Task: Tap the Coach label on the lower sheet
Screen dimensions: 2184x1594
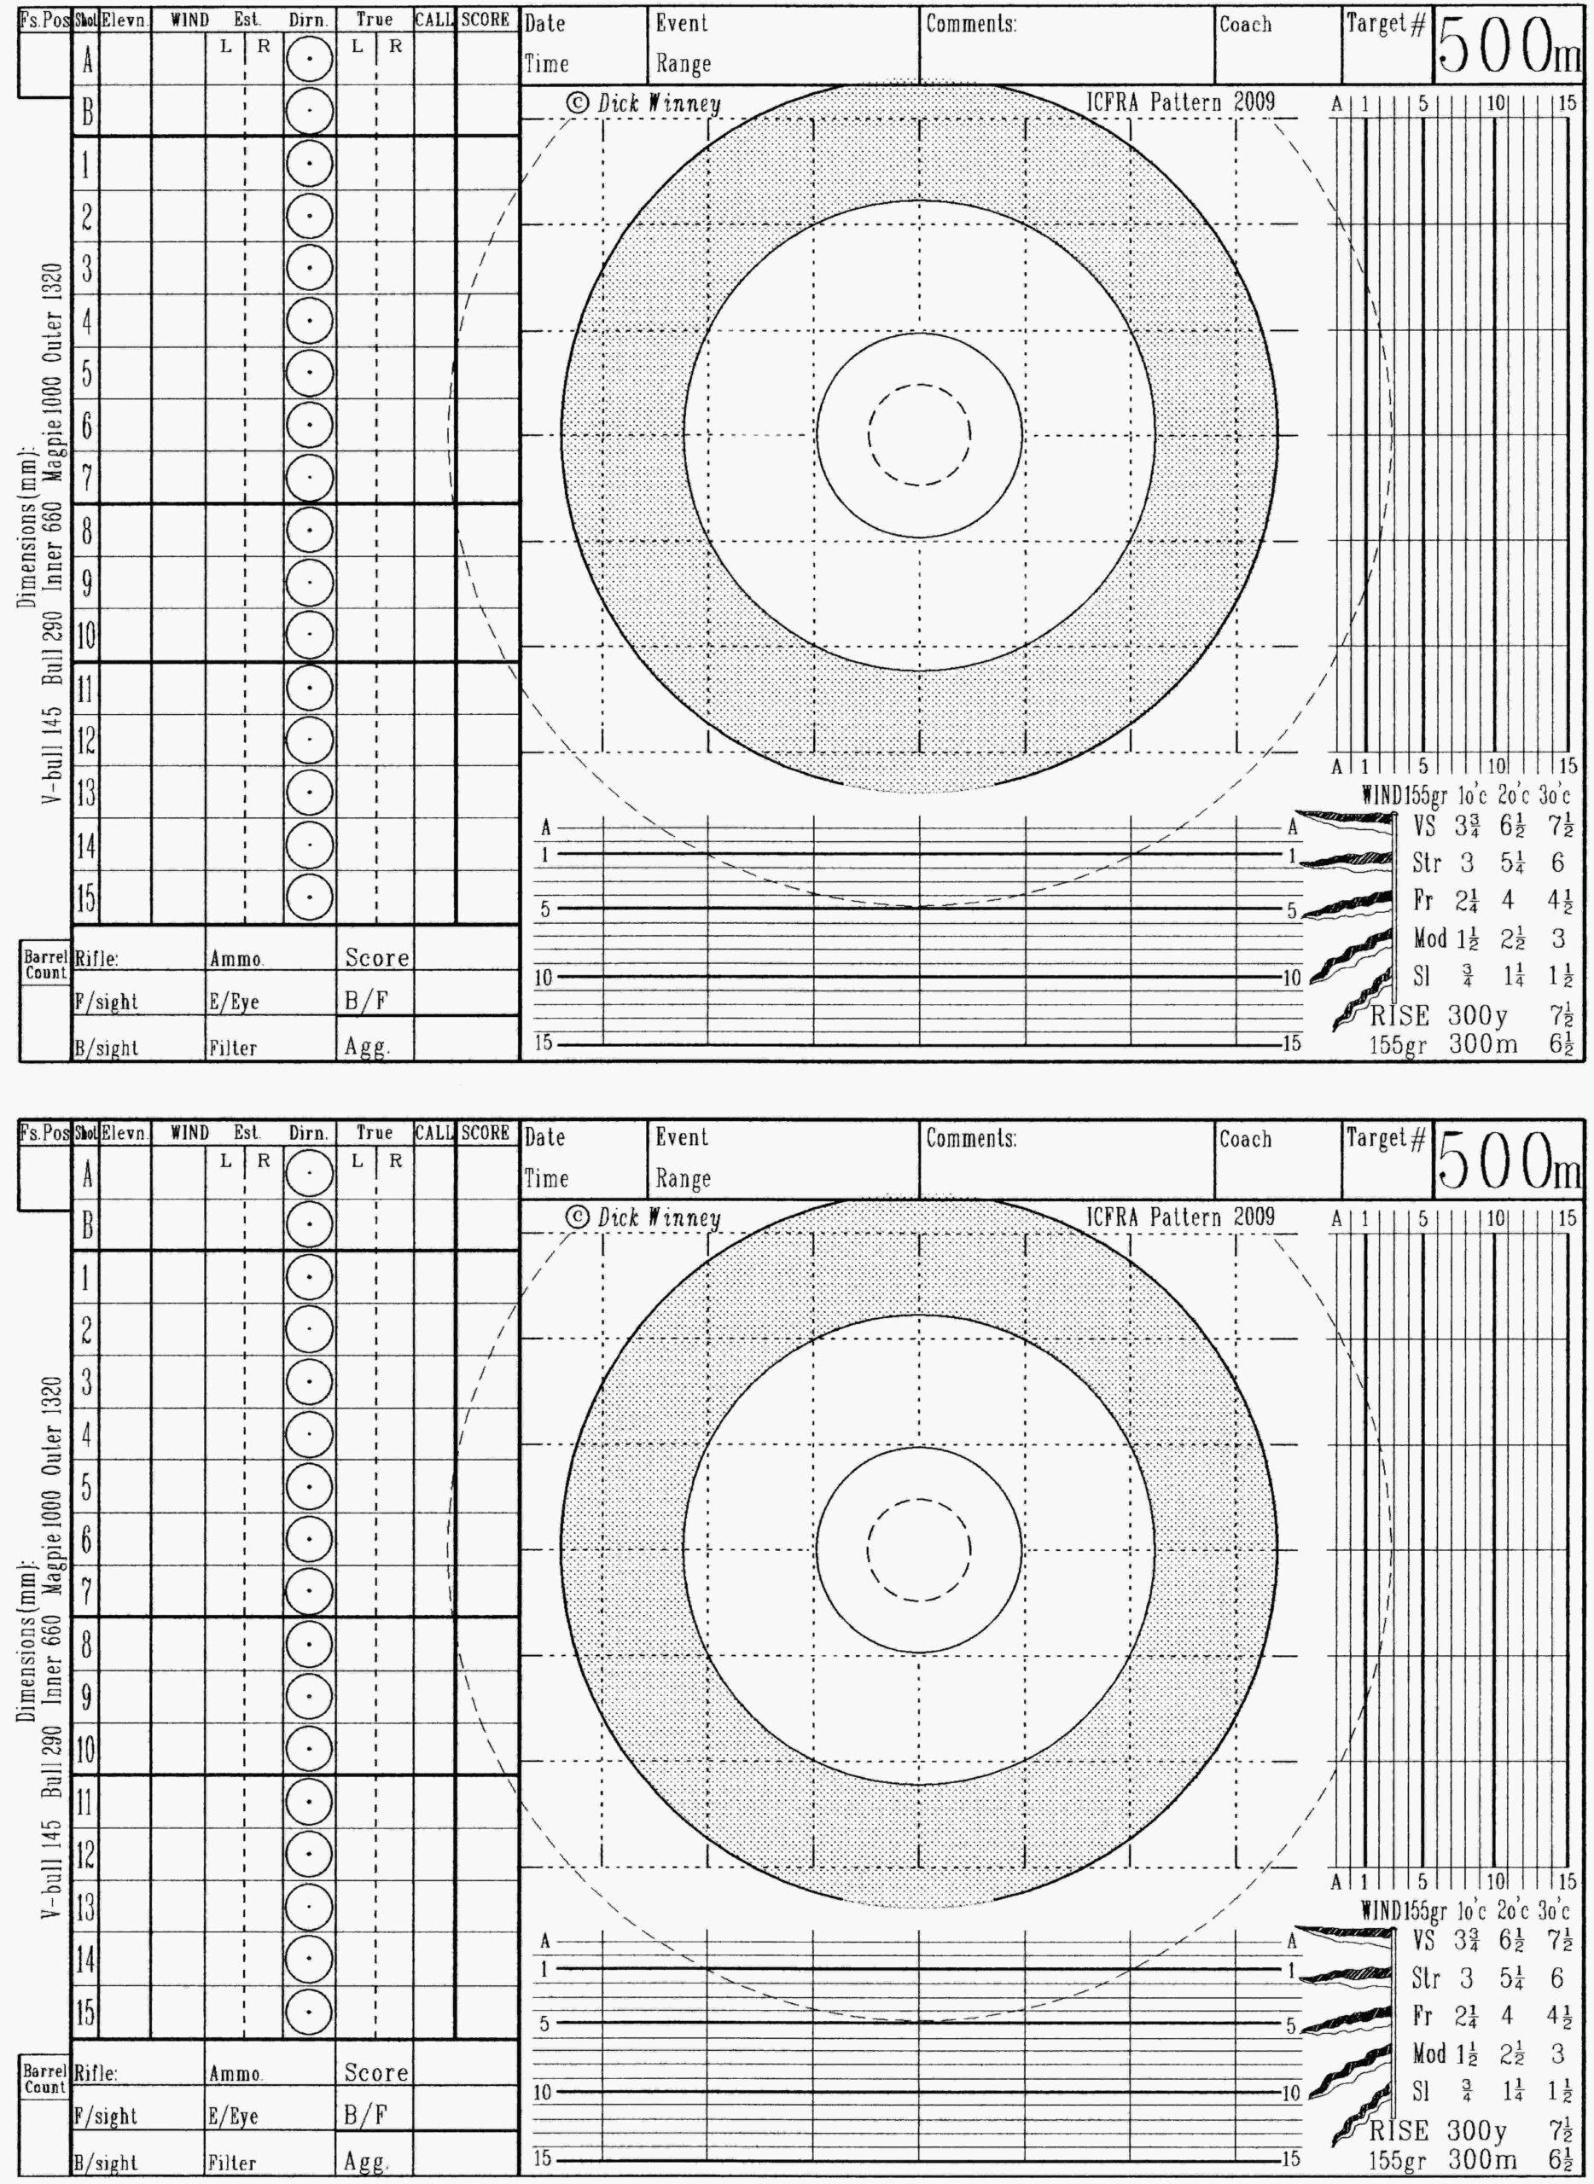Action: (1245, 1138)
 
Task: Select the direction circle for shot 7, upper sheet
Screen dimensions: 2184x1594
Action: (309, 478)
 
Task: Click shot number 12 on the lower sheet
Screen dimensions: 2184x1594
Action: (86, 1853)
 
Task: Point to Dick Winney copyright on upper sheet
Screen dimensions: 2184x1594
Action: (643, 103)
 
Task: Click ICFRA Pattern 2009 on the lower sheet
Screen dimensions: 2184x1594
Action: (1180, 1217)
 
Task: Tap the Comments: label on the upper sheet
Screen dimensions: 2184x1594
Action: (971, 24)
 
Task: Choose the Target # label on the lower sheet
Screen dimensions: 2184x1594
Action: (1385, 1138)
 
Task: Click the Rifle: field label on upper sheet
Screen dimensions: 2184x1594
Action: (96, 959)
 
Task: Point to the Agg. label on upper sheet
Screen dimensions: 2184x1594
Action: (368, 1048)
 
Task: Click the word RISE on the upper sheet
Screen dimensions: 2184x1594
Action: (1399, 1016)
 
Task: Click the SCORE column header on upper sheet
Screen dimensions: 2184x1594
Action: (486, 20)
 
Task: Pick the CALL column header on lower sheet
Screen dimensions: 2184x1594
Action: (434, 1132)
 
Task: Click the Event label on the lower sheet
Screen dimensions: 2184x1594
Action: (681, 1137)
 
